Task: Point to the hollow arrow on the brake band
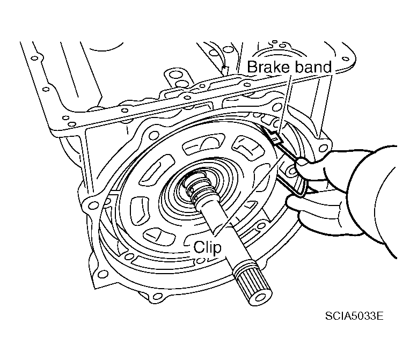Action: click(272, 134)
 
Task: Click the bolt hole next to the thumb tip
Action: click(292, 170)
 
